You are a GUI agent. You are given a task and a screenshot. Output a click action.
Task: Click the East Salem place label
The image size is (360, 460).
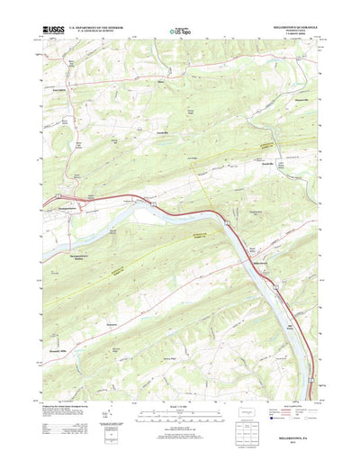pyautogui.click(x=59, y=90)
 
